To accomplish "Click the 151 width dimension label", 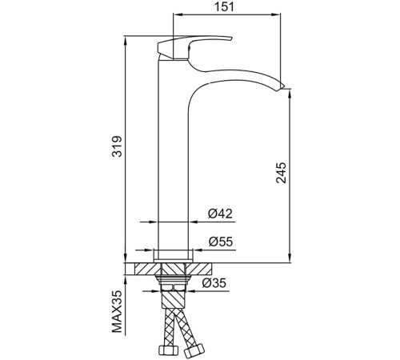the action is [x=224, y=6].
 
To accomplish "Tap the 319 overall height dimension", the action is [x=117, y=146].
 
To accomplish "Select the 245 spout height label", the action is [x=281, y=173].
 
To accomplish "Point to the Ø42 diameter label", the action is [x=220, y=214].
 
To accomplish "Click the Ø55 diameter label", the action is [x=221, y=242].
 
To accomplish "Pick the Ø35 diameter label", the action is [x=214, y=283].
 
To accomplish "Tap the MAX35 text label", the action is [x=117, y=311].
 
